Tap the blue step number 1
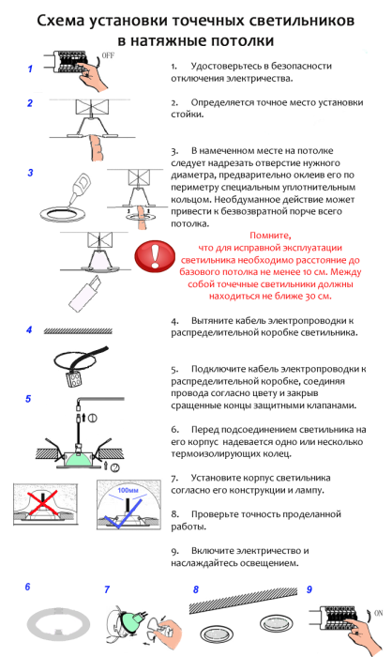30,69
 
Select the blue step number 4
29,330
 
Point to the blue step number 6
27,587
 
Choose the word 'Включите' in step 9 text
216,550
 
